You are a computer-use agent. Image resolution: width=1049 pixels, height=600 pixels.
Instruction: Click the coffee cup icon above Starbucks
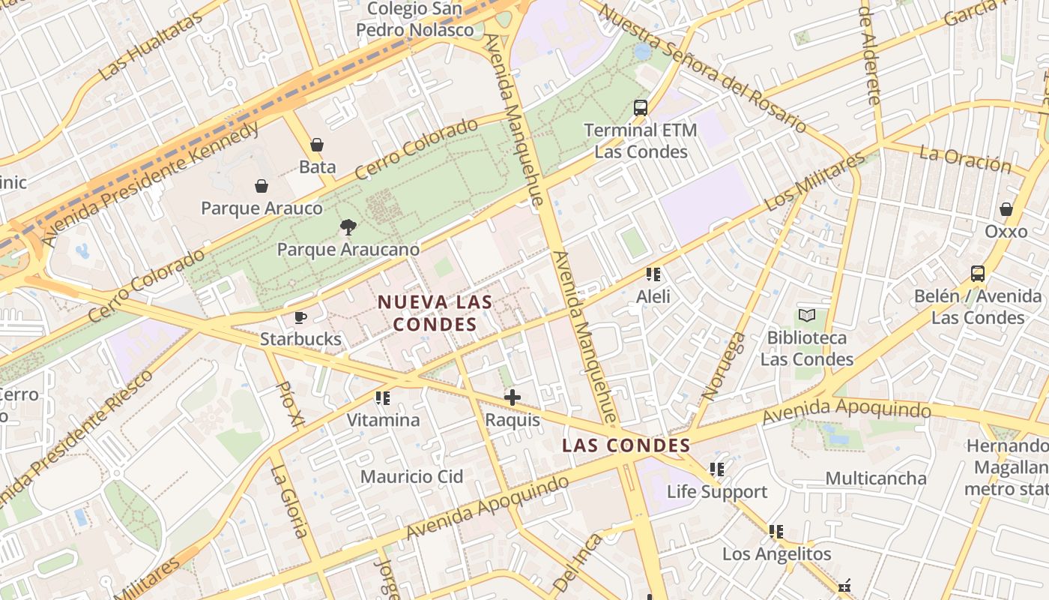click(300, 317)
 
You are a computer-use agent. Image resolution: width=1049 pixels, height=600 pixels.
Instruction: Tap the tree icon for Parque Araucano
click(348, 226)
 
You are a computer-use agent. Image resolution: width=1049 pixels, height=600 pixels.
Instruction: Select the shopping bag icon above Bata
click(317, 145)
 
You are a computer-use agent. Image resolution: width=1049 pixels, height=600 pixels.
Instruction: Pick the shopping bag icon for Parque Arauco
click(262, 186)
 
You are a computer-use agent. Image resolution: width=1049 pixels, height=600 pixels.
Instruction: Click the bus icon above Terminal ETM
click(640, 108)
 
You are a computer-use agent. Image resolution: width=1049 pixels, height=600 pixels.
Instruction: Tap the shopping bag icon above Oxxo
click(1006, 209)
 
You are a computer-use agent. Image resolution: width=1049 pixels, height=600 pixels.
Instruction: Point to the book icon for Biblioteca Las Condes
click(806, 316)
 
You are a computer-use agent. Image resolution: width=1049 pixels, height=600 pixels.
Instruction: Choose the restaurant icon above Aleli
click(653, 274)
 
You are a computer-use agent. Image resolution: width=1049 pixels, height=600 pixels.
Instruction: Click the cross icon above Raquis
click(513, 397)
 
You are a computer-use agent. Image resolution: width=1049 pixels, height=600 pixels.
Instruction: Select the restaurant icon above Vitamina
click(383, 398)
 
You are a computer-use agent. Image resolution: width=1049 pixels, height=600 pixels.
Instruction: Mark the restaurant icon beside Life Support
click(717, 469)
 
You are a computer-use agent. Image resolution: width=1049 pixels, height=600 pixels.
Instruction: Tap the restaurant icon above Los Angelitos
click(776, 532)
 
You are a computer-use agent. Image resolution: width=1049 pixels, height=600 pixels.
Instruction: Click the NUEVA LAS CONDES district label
click(435, 313)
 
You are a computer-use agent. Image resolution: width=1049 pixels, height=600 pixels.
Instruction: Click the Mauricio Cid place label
click(411, 476)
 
